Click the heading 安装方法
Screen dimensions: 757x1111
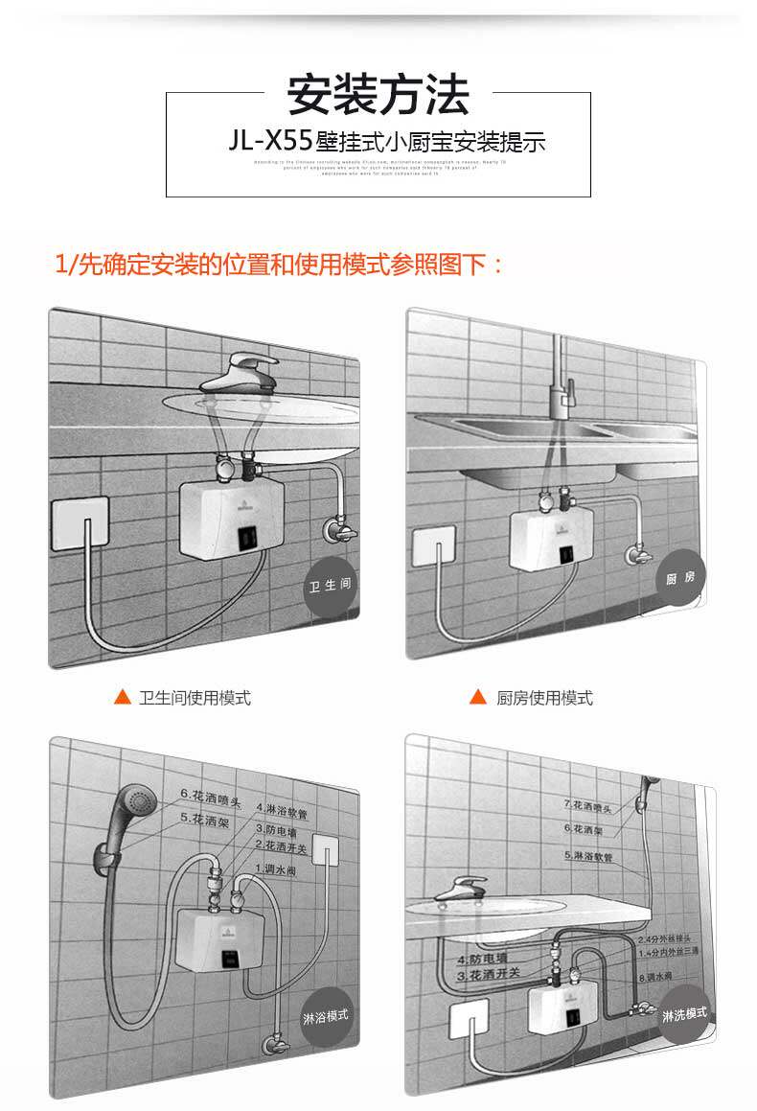pyautogui.click(x=378, y=95)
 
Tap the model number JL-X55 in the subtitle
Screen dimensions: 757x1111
pyautogui.click(x=271, y=143)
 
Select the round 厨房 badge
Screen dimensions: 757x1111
pyautogui.click(x=681, y=578)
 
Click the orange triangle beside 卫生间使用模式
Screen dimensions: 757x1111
pyautogui.click(x=122, y=697)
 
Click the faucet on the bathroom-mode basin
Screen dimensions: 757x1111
pyautogui.click(x=241, y=370)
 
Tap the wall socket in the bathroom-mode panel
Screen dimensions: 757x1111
pyautogui.click(x=80, y=522)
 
